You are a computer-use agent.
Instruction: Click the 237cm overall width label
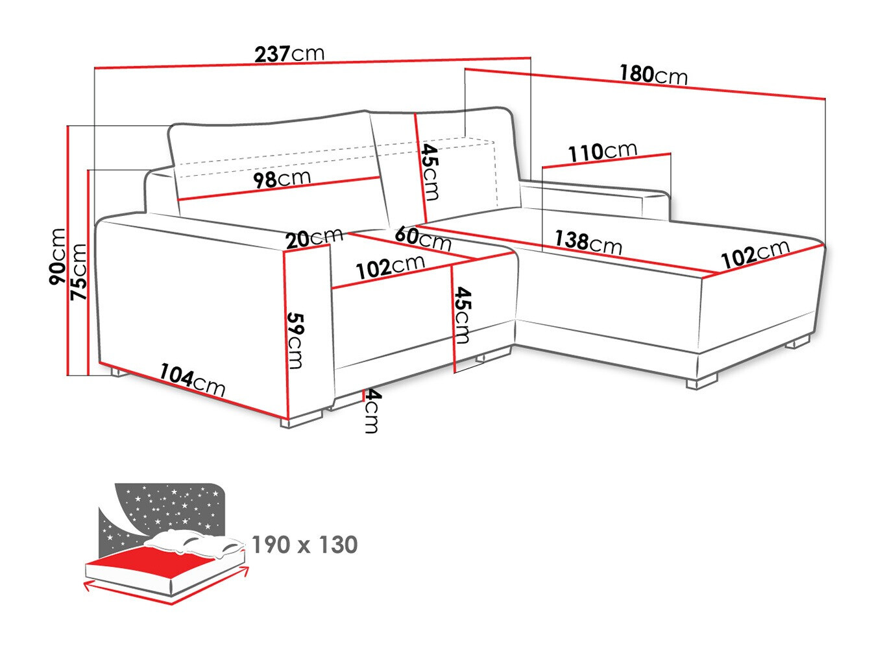(289, 53)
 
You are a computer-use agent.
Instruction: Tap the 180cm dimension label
(653, 75)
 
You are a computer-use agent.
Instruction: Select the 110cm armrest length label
(603, 152)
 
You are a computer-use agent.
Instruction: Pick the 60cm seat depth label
(422, 237)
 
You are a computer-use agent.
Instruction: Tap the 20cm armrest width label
(314, 238)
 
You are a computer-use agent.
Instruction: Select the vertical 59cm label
(295, 340)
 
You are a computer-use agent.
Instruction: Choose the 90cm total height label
(58, 256)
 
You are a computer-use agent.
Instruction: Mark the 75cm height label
(79, 271)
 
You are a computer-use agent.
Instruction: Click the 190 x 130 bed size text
(304, 545)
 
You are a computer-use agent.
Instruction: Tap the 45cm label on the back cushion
(430, 172)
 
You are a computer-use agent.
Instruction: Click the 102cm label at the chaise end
(755, 254)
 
